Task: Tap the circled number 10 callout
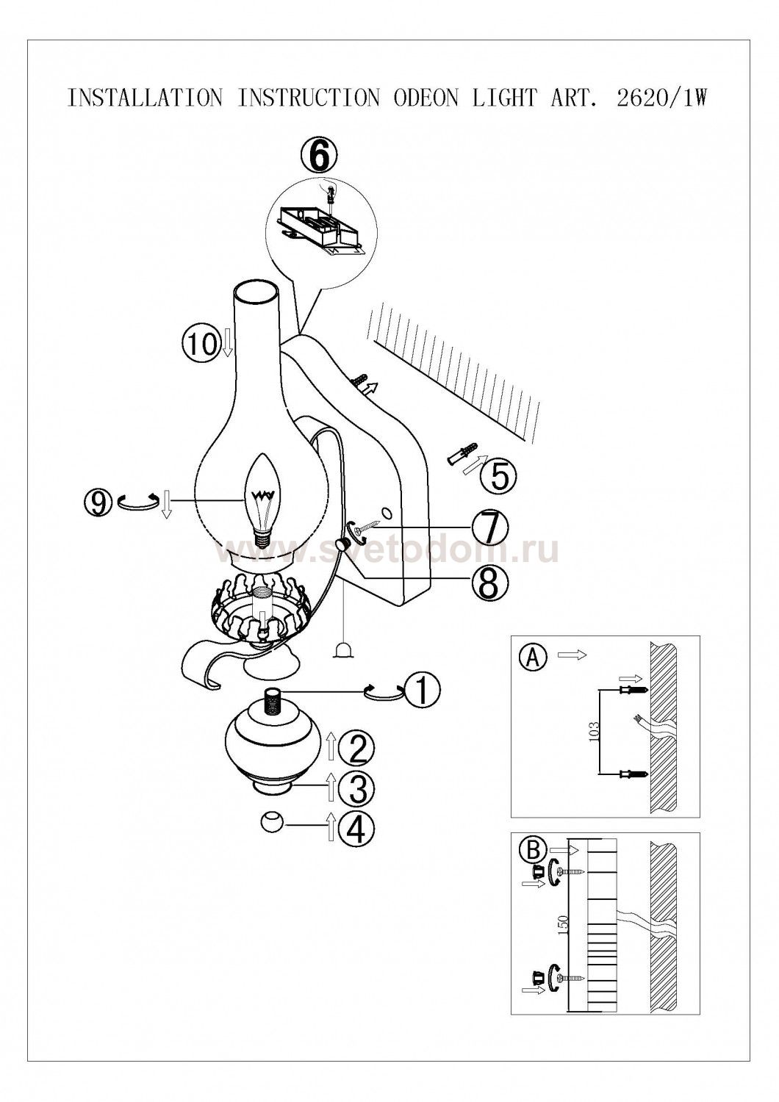pos(200,343)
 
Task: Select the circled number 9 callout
pos(99,503)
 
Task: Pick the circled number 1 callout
pos(423,691)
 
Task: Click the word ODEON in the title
pos(426,98)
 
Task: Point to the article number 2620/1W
pos(661,98)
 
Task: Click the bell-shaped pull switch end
pos(343,651)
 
